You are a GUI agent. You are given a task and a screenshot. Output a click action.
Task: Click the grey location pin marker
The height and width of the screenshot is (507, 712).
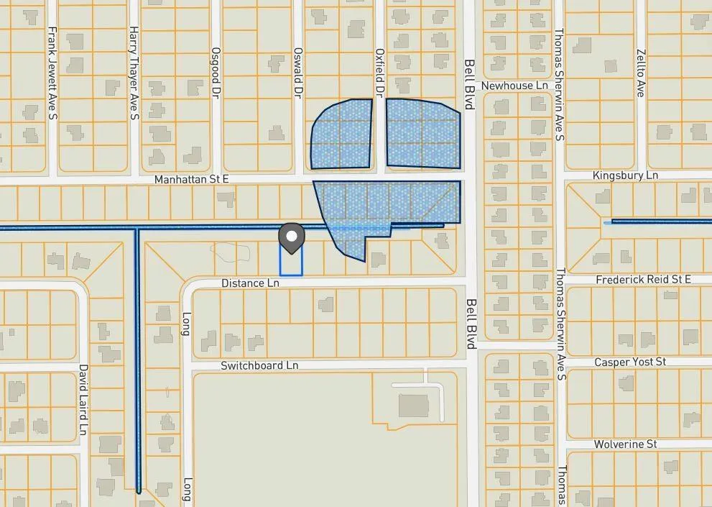click(291, 237)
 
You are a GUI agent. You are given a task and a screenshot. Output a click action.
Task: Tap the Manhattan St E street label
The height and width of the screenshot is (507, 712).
click(193, 178)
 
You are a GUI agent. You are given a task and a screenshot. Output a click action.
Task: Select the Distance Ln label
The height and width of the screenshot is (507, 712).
click(250, 283)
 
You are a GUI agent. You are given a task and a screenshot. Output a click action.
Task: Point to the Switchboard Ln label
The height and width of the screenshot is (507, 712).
click(259, 365)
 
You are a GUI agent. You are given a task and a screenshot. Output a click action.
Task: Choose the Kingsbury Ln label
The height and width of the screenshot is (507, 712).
click(625, 175)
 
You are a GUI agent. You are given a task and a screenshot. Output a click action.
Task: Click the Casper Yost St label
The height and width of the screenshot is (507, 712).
click(630, 362)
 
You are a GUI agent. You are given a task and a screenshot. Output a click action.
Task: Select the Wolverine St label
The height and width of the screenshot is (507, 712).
click(625, 444)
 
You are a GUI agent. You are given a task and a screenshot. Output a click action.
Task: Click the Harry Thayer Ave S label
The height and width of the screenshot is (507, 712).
click(134, 72)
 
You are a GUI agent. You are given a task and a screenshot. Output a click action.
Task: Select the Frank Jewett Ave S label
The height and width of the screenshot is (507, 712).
click(52, 72)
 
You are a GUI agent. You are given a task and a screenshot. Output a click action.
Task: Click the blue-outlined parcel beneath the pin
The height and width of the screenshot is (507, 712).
click(291, 263)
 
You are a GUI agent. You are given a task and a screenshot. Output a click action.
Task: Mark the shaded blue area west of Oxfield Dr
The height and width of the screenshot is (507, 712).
click(342, 134)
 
